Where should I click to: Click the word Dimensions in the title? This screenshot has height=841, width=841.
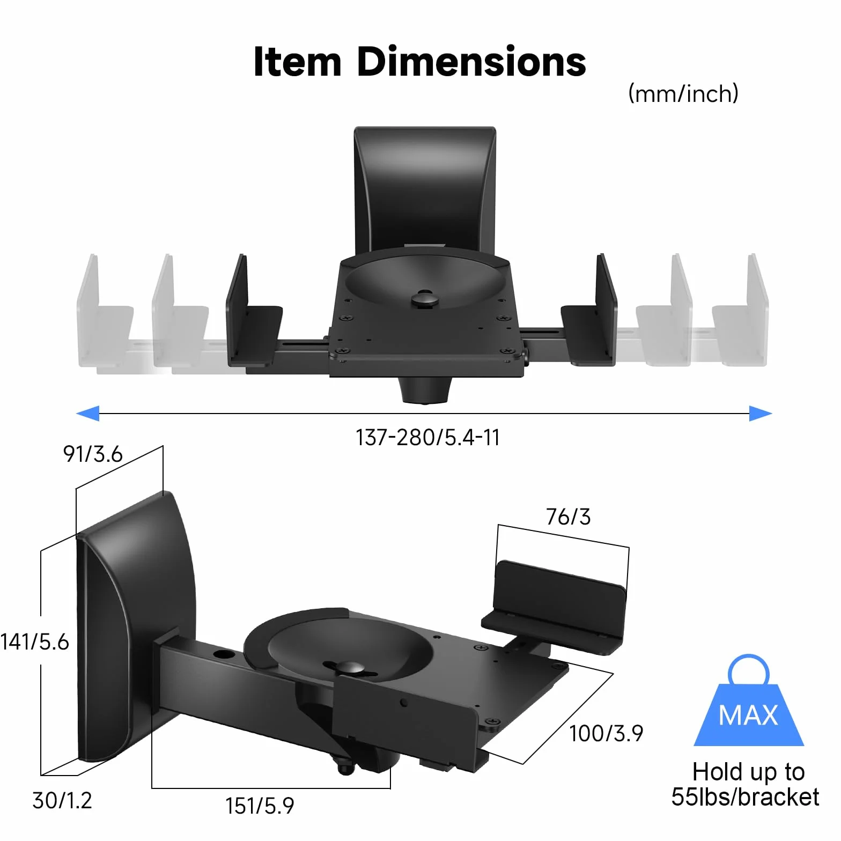pos(471,62)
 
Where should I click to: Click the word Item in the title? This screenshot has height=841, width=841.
pos(297,62)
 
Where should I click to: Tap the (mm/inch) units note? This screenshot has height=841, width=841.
pos(683,93)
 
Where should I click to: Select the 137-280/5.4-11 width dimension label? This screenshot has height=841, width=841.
pos(427,437)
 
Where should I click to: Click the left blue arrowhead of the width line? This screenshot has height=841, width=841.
pos(88,413)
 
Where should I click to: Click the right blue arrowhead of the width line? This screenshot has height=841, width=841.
pos(761,413)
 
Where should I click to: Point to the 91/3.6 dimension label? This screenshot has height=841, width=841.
pos(93,454)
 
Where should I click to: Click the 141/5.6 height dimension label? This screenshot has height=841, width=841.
pos(35,641)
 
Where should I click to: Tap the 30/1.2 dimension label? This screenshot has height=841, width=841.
pos(62,800)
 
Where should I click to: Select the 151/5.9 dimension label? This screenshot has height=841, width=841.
pos(260,806)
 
